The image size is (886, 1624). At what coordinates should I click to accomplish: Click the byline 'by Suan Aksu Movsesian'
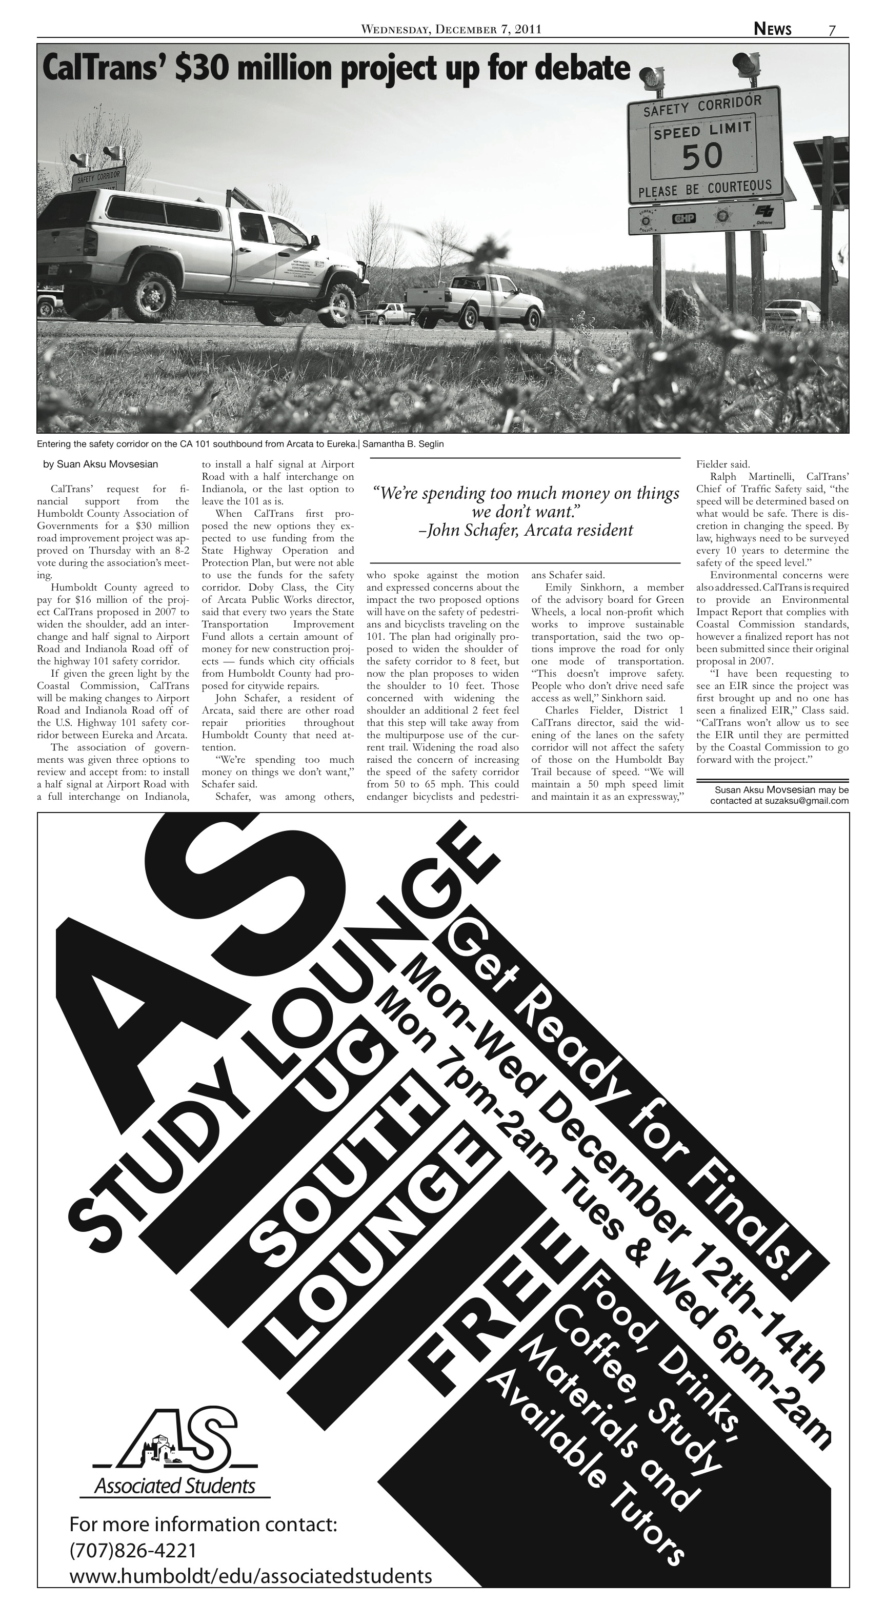coord(100,464)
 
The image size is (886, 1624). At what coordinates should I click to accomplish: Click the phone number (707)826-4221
coord(133,1550)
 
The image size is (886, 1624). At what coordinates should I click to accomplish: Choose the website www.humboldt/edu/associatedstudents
coord(250,1576)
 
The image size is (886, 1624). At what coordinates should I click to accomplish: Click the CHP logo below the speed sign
coord(683,218)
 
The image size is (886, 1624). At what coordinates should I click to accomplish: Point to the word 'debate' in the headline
coord(581,69)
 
